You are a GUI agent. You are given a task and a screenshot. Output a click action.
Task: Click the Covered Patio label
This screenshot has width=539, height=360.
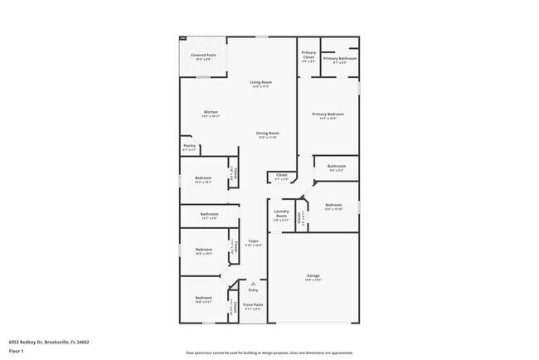point(203,56)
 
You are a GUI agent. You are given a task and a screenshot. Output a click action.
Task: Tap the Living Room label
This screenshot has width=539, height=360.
point(262,84)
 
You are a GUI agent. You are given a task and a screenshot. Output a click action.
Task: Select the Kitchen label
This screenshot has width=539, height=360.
point(211,114)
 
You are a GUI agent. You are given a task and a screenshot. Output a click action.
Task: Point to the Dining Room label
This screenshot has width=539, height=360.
point(267,134)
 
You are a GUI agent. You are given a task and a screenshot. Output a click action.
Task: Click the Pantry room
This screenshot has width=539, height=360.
point(189,148)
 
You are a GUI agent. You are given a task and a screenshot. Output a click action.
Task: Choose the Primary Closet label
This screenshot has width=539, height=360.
point(308,56)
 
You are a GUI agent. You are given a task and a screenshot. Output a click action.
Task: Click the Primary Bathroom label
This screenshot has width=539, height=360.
point(340,59)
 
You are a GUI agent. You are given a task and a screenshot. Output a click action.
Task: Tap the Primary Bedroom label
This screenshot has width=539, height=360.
point(328,115)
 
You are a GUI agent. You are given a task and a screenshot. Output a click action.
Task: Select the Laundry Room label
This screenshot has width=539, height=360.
point(281,217)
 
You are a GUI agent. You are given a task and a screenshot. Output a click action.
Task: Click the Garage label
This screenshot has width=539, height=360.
point(313,277)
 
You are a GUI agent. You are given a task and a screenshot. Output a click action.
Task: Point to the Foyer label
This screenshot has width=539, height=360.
point(253,243)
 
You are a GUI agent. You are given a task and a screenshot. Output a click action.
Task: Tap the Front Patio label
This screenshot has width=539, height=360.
point(252,306)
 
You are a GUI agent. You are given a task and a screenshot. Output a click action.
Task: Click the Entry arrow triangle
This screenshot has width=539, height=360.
point(253,283)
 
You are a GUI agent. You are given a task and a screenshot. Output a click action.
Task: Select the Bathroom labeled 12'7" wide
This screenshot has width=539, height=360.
point(209,216)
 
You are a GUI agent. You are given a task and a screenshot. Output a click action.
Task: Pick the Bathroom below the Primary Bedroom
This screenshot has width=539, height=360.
point(336,168)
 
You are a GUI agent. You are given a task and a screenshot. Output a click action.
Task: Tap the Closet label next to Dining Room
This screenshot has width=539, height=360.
point(281,177)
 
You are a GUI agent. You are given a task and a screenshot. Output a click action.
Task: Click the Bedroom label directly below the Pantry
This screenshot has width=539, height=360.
point(203,180)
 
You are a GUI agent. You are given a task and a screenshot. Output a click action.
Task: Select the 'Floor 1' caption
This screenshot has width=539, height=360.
point(17,350)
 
